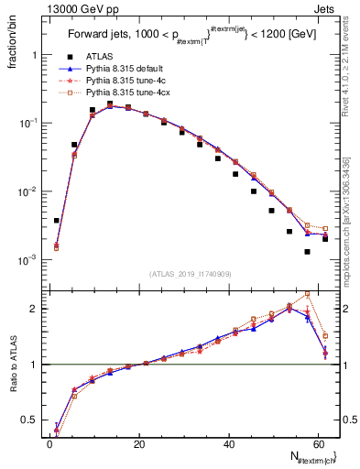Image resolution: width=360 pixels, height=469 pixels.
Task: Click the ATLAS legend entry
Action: pyautogui.click(x=99, y=56)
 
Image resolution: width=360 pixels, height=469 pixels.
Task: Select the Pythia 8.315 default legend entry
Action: pyautogui.click(x=124, y=68)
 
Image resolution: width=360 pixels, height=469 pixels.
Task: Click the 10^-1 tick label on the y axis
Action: pyautogui.click(x=28, y=124)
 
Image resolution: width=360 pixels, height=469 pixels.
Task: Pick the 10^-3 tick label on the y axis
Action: pyautogui.click(x=28, y=260)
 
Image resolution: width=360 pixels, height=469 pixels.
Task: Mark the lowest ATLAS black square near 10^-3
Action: pyautogui.click(x=308, y=252)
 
